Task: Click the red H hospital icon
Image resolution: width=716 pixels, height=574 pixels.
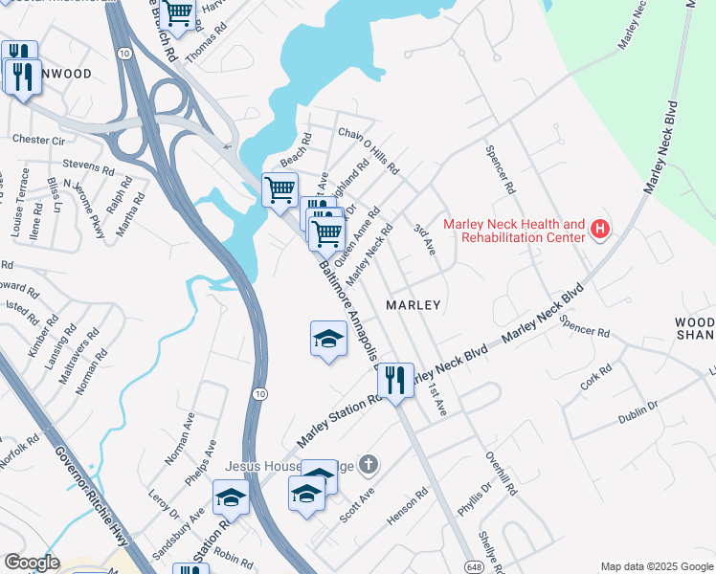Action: pos(600,230)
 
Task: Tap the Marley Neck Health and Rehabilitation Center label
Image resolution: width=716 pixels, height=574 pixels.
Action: pos(514,230)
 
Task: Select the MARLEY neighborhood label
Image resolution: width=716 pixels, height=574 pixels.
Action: pos(413,305)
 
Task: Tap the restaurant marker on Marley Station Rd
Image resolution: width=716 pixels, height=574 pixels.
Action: pos(394,381)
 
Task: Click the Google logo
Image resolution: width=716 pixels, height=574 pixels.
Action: pos(32,562)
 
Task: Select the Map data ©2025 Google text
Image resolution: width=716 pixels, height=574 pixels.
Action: pos(657,566)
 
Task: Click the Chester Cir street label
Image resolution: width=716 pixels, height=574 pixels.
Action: pos(38,140)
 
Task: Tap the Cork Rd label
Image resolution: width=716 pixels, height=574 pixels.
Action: pos(595,377)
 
